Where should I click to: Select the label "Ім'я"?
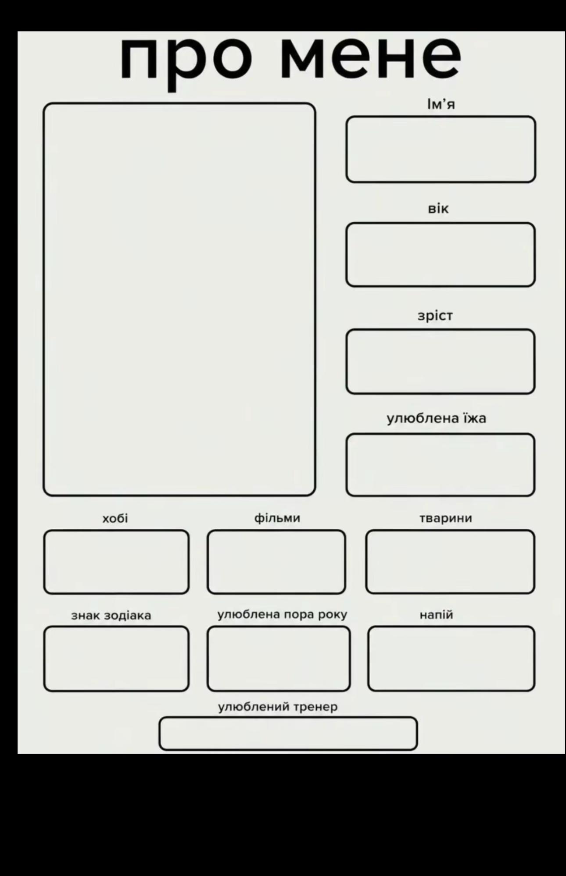click(441, 104)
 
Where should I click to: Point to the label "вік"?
click(438, 209)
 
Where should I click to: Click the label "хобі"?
click(115, 519)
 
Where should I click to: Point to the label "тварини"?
click(446, 519)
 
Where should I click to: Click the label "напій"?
click(436, 615)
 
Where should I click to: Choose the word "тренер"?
click(315, 707)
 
